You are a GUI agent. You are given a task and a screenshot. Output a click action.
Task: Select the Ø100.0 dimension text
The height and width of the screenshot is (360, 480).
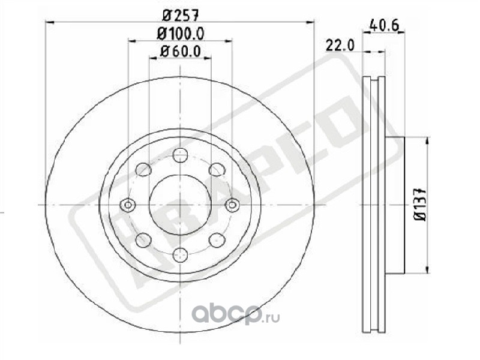181,34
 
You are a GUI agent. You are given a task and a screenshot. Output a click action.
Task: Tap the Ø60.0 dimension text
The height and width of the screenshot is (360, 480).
181,51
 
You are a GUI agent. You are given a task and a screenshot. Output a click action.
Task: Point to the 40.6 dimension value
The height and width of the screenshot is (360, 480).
385,25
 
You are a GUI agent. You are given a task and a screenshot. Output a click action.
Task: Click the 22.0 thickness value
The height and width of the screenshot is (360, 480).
340,46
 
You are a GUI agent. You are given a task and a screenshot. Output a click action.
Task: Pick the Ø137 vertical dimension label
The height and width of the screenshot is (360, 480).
421,204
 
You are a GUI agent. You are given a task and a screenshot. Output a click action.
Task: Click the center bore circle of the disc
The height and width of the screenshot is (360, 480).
181,205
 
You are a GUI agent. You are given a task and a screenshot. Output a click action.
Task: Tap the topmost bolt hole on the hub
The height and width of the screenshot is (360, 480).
180,155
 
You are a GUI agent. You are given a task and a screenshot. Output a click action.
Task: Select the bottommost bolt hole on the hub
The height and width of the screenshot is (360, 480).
180,254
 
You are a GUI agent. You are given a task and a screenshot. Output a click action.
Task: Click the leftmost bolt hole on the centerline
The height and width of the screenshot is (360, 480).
128,205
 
